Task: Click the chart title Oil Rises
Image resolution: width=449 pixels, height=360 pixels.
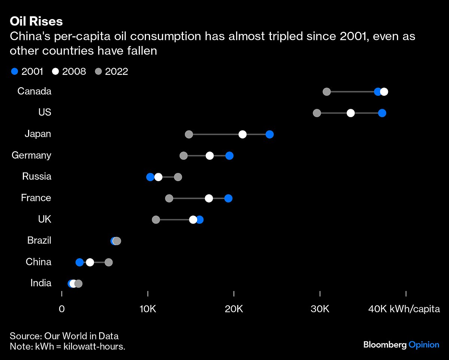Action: click(x=36, y=22)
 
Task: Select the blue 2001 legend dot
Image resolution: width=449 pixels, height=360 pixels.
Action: click(x=15, y=71)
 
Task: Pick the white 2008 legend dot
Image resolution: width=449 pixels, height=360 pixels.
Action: click(x=56, y=71)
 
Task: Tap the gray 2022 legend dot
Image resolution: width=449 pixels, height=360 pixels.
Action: click(x=98, y=71)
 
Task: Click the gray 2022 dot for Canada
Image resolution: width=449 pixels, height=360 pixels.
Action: click(x=327, y=92)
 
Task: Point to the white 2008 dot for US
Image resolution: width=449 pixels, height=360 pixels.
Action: click(x=351, y=113)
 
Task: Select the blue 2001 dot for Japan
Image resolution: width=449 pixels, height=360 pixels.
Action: click(x=269, y=134)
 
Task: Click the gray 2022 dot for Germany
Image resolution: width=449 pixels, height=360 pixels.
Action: click(x=183, y=156)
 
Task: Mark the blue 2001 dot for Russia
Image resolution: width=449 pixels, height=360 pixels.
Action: click(x=150, y=177)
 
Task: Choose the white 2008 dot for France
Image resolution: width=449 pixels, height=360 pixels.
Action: click(x=209, y=198)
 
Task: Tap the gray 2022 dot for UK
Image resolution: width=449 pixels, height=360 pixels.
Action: click(x=156, y=220)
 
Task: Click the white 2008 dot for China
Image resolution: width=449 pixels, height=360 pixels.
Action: click(x=90, y=262)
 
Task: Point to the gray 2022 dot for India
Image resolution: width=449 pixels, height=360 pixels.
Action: click(x=78, y=284)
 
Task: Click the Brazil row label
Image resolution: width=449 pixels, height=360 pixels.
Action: click(x=39, y=240)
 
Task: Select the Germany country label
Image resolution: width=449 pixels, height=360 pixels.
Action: click(x=31, y=155)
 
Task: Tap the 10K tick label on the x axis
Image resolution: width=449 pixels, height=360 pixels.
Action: click(x=148, y=309)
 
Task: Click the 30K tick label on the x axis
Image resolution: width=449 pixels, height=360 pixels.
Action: click(x=320, y=309)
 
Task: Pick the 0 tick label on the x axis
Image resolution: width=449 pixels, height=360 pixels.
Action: click(x=62, y=309)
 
